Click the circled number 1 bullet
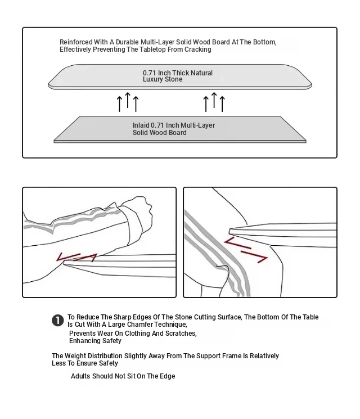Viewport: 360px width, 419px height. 57,321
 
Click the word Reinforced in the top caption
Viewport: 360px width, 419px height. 75,42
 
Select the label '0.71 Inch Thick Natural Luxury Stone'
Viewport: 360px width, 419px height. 178,76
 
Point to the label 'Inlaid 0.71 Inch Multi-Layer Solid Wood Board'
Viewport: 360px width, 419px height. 173,129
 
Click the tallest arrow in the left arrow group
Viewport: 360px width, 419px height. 128,101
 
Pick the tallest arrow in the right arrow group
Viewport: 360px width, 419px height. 214,101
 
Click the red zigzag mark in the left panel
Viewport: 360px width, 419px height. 76,258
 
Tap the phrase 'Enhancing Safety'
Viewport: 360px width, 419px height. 95,341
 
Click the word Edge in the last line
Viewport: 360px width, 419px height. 166,376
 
